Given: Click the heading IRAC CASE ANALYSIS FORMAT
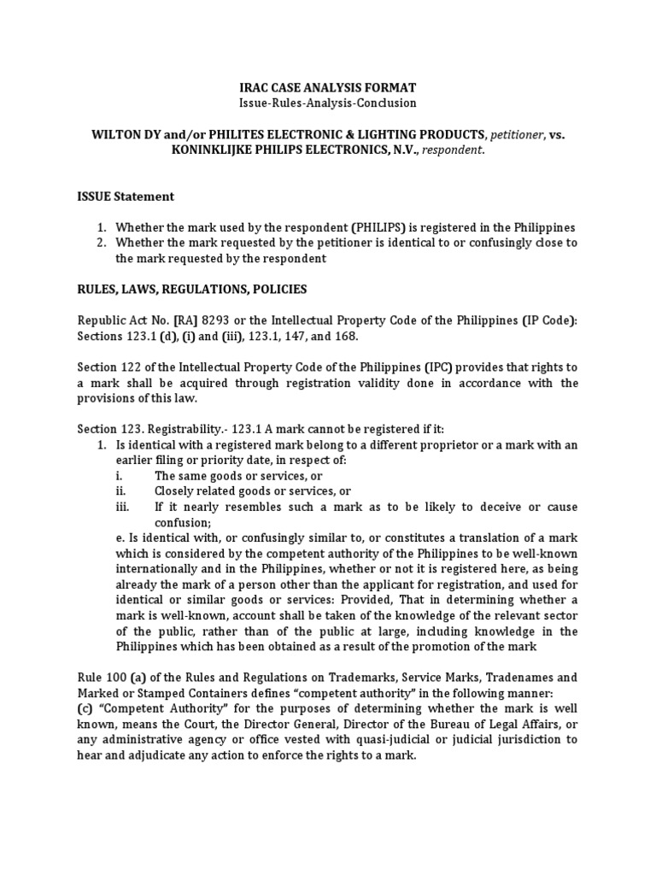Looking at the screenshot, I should tap(327, 88).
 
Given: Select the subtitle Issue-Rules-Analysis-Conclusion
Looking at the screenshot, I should tap(327, 103).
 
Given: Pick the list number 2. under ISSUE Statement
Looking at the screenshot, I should tap(100, 243).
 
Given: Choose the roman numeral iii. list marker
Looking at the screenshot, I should tap(121, 506).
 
